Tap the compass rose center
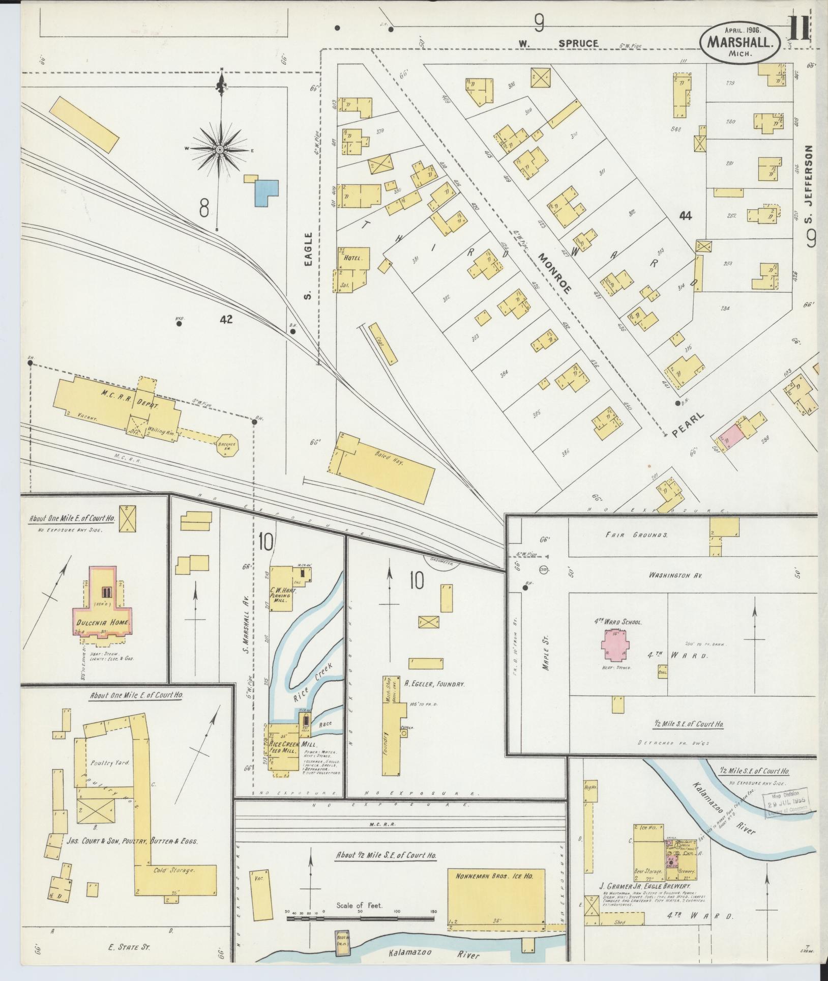pyautogui.click(x=220, y=149)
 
